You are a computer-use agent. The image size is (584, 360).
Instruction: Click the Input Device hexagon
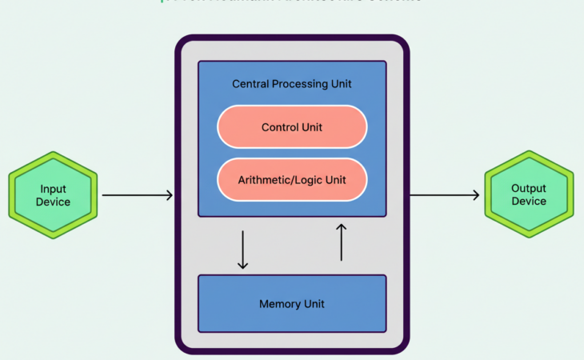point(53,195)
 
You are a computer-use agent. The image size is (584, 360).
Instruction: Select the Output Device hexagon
point(529,195)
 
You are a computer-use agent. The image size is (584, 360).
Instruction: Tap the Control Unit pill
point(292,127)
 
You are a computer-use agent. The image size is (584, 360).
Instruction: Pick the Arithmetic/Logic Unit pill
point(292,180)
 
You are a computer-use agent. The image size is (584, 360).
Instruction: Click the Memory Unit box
point(292,304)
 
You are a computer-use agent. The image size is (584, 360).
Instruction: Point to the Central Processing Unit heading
point(292,83)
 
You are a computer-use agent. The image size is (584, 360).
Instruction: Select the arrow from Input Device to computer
point(137,195)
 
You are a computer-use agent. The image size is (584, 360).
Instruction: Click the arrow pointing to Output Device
point(445,195)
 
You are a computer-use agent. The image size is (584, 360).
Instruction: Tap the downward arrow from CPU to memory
point(243,250)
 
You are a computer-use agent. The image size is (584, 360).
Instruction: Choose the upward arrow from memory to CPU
point(341,242)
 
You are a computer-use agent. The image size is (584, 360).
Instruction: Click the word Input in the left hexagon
point(53,189)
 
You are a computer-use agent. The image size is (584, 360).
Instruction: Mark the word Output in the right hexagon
point(529,189)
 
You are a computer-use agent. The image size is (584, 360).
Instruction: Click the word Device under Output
point(529,202)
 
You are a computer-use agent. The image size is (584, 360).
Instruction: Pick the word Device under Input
point(53,202)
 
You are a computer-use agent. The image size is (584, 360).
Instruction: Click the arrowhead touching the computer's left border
point(169,195)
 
